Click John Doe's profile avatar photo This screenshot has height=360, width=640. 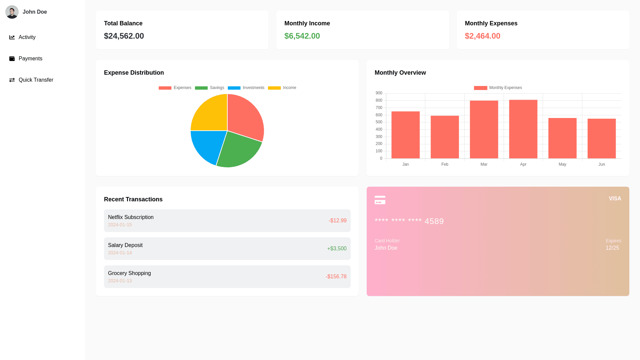12,12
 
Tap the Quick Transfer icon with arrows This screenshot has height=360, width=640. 12,80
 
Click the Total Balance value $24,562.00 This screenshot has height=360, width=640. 124,36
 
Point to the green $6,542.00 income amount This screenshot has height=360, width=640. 302,36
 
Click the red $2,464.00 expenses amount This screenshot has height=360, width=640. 482,36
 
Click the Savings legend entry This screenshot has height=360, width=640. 210,88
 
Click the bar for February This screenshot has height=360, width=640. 445,137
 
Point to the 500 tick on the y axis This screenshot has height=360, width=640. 379,122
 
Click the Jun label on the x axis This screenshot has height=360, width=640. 602,164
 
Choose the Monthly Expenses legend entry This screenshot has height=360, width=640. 498,88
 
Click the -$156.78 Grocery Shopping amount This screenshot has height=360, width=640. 336,277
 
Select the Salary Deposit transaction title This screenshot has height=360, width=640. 125,245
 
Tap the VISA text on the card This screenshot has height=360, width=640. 615,199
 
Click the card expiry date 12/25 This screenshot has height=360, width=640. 612,248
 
